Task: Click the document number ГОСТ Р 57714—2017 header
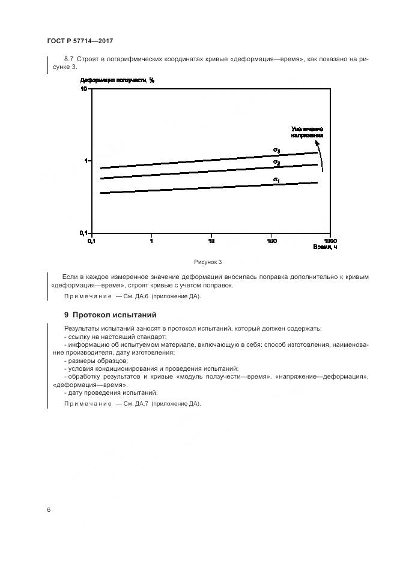tap(80, 41)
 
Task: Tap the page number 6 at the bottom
tap(49, 509)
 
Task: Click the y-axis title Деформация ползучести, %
tap(118, 80)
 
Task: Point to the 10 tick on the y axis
tap(85, 89)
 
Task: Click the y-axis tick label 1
tap(86, 161)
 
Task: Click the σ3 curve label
tap(276, 150)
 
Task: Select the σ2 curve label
tap(276, 162)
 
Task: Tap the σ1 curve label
tap(276, 179)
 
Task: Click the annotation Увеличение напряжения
tap(308, 132)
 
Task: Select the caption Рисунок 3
tap(208, 262)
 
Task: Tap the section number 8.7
tap(68, 58)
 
